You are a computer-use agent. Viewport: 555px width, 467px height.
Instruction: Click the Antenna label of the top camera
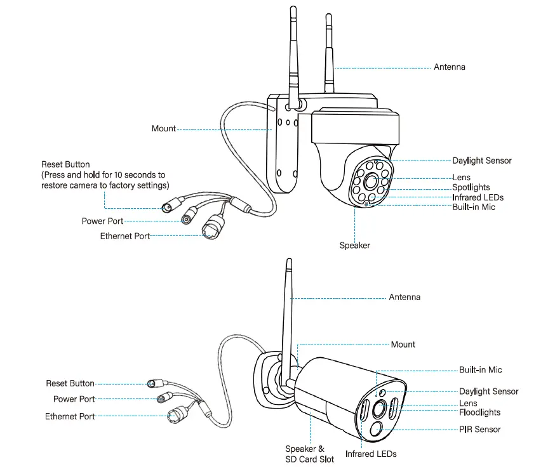pos(449,67)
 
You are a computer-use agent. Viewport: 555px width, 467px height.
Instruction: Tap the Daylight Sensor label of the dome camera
pos(481,161)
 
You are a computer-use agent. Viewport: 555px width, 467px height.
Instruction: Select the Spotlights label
pos(471,187)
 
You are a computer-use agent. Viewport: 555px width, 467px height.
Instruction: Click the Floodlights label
pos(479,412)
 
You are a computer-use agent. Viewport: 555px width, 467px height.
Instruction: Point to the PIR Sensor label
pos(479,430)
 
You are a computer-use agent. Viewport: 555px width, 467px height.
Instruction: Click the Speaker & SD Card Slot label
pos(309,454)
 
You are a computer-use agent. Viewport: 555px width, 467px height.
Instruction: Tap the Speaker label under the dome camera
pos(354,245)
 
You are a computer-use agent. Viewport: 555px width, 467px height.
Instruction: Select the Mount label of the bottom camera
pos(403,345)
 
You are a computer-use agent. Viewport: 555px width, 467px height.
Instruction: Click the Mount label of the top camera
pos(163,129)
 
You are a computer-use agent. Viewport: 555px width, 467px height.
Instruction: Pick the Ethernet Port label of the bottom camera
pos(70,417)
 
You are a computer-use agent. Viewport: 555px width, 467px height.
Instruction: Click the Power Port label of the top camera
pos(102,221)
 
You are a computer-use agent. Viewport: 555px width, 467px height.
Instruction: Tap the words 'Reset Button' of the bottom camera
pos(70,383)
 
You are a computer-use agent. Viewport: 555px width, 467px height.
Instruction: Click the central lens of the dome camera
pos(371,181)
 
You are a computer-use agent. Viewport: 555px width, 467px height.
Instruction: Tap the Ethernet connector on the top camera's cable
pos(212,228)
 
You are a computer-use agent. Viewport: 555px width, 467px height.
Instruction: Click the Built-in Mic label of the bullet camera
pos(480,370)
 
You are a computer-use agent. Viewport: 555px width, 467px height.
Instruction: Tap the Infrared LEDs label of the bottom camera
pos(371,454)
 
